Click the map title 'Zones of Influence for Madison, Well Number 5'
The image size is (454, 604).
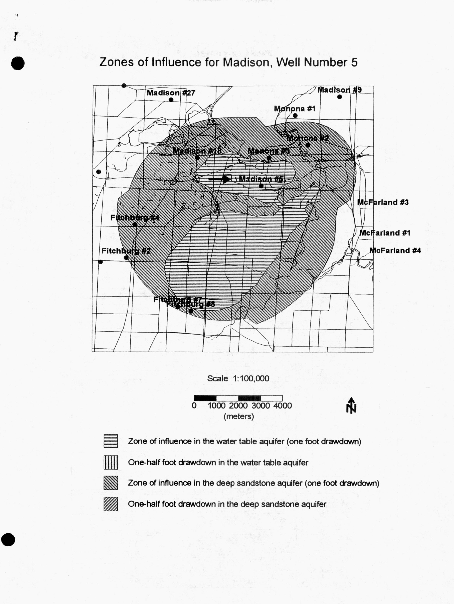click(228, 62)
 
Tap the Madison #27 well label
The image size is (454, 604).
click(171, 93)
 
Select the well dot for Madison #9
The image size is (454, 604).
click(340, 97)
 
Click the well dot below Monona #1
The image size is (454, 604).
click(295, 116)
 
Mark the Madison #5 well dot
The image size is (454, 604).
click(261, 186)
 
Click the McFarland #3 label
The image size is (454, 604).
click(383, 202)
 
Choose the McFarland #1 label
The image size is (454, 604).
click(385, 233)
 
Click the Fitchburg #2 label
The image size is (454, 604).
click(126, 251)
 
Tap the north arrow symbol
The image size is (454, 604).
click(351, 405)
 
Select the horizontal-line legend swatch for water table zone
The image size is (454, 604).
click(111, 441)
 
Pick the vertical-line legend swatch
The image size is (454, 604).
click(111, 462)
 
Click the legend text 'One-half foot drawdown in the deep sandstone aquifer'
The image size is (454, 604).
click(227, 504)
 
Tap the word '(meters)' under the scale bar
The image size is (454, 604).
click(238, 416)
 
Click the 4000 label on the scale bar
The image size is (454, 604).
click(282, 406)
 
